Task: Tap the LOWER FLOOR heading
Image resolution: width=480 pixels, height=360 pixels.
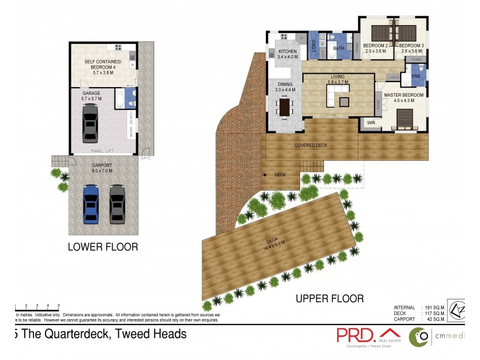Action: point(103,247)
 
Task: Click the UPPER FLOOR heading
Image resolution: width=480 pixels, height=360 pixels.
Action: point(329,298)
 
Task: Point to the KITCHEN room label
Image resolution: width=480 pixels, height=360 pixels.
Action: point(287,52)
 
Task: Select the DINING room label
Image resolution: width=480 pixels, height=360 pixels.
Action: point(284,85)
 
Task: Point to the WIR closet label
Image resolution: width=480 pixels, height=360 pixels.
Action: point(370,123)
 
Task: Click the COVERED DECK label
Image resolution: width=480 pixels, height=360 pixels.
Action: point(310,145)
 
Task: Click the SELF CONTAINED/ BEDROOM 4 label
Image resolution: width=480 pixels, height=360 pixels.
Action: point(103,64)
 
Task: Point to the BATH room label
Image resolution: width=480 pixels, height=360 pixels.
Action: point(338,48)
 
